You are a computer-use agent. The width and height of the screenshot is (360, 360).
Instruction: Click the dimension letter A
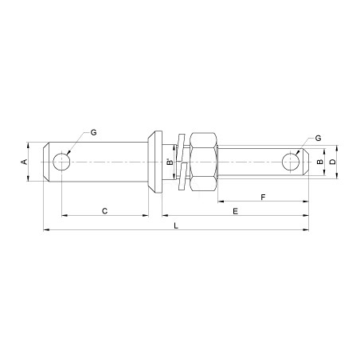click(x=25, y=162)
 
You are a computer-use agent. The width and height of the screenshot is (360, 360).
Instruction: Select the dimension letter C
click(x=105, y=211)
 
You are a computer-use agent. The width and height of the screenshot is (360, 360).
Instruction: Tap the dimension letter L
click(x=176, y=225)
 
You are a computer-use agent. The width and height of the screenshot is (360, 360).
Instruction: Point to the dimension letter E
click(x=235, y=211)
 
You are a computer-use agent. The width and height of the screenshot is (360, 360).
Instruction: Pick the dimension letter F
click(x=263, y=198)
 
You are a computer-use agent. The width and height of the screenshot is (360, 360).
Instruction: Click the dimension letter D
click(x=333, y=162)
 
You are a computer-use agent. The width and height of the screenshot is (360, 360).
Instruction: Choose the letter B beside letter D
click(x=320, y=162)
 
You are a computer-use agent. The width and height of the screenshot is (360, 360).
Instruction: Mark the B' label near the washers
click(x=170, y=162)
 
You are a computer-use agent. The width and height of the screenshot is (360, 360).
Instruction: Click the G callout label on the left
click(x=94, y=132)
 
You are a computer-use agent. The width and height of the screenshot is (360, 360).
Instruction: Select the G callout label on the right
click(x=318, y=138)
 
